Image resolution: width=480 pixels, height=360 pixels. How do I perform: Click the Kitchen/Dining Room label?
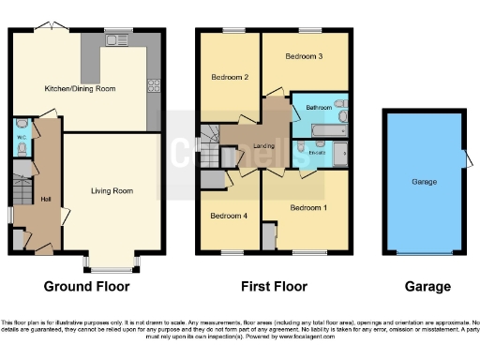[x=80, y=88]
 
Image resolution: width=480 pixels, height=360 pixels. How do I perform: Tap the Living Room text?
[x=112, y=190]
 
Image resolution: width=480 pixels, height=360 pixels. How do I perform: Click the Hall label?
[x=45, y=198]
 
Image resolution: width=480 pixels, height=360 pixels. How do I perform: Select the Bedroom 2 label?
[x=229, y=77]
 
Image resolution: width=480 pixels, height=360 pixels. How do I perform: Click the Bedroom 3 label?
[x=305, y=56]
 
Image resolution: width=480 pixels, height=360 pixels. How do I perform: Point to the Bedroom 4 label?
[x=228, y=215]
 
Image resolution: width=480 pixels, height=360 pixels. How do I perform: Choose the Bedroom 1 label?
[x=307, y=206]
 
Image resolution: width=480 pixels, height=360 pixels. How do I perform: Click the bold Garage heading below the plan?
[x=427, y=286]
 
